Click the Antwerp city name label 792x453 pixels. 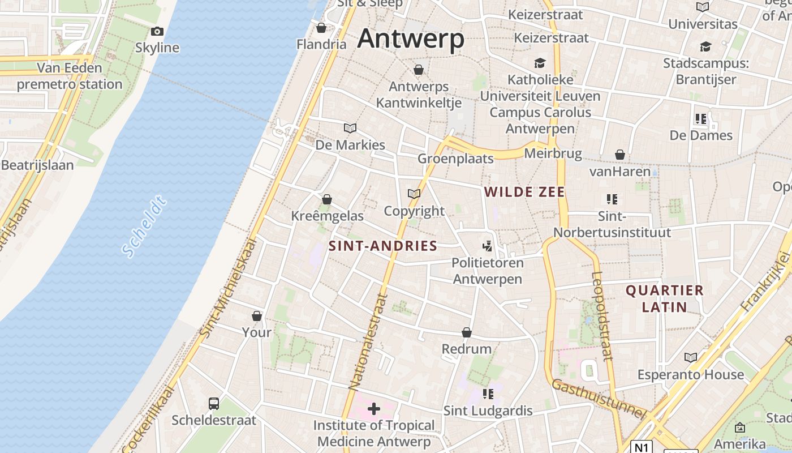pos(411,39)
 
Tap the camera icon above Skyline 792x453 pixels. pos(157,32)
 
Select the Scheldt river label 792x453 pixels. pos(145,226)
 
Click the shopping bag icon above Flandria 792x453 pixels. pos(321,28)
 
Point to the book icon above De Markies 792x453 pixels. pos(350,129)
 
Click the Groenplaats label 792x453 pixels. pos(455,159)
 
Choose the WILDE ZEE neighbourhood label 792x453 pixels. pos(524,192)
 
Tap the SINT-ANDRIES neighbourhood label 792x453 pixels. pos(383,246)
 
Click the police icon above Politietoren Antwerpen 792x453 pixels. pos(487,246)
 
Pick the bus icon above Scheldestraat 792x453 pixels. pos(214,403)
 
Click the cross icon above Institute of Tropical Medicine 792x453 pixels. pos(373,408)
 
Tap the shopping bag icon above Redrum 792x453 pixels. pos(467,332)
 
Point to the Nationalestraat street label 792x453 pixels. pos(368,341)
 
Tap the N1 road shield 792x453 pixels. pos(640,447)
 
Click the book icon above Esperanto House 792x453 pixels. pos(690,357)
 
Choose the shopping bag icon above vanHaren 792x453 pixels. pos(620,155)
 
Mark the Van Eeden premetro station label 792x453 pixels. pos(70,76)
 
